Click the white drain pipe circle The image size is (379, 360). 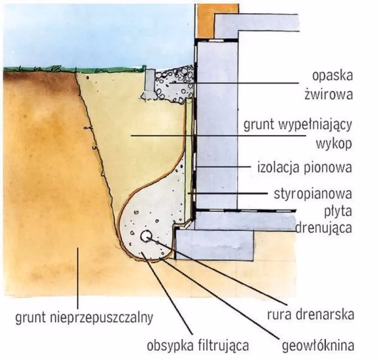click(146, 236)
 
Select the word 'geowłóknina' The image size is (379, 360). click(318, 345)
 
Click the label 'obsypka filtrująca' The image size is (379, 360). click(198, 345)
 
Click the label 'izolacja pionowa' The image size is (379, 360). click(305, 168)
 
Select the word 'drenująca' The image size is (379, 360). click(324, 227)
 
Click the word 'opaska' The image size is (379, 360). click(332, 76)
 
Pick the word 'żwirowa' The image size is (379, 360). click(328, 94)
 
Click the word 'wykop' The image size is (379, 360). click(334, 144)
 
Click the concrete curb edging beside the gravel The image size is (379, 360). click(149, 82)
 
